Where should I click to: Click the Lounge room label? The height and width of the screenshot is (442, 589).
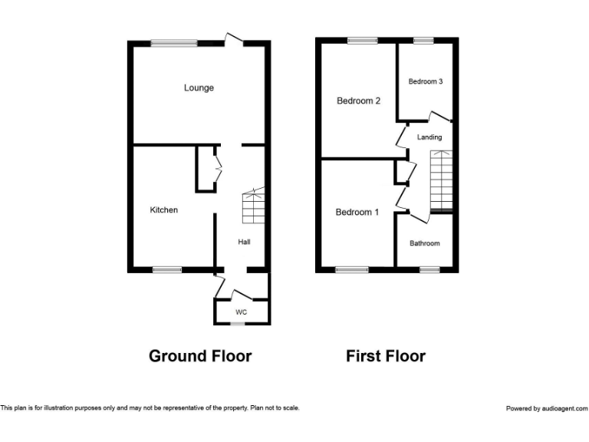[x=199, y=87]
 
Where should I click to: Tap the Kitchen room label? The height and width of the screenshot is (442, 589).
[x=163, y=209]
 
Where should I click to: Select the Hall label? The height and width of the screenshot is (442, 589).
[x=244, y=242]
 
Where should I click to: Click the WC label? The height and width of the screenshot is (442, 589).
[x=241, y=312]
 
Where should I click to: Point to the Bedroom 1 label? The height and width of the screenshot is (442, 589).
[x=357, y=213]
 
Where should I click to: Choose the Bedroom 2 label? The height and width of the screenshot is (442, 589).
[x=358, y=101]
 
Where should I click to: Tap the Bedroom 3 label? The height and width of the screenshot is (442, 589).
[x=425, y=81]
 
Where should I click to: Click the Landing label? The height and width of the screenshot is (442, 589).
[x=429, y=137]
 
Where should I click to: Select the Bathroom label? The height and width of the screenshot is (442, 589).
[x=424, y=243]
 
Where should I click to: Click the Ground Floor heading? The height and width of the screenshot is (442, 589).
[x=199, y=356]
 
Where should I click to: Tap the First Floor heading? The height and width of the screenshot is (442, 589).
[x=385, y=356]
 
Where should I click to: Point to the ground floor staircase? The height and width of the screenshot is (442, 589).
[x=253, y=206]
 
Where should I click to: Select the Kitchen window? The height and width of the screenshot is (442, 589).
[x=166, y=269]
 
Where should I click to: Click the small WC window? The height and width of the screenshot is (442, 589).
[x=239, y=324]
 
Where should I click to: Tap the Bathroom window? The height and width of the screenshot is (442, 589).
[x=429, y=269]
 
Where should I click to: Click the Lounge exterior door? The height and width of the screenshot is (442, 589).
[x=234, y=40]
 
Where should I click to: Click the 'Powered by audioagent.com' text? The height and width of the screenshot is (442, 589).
[x=547, y=408]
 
